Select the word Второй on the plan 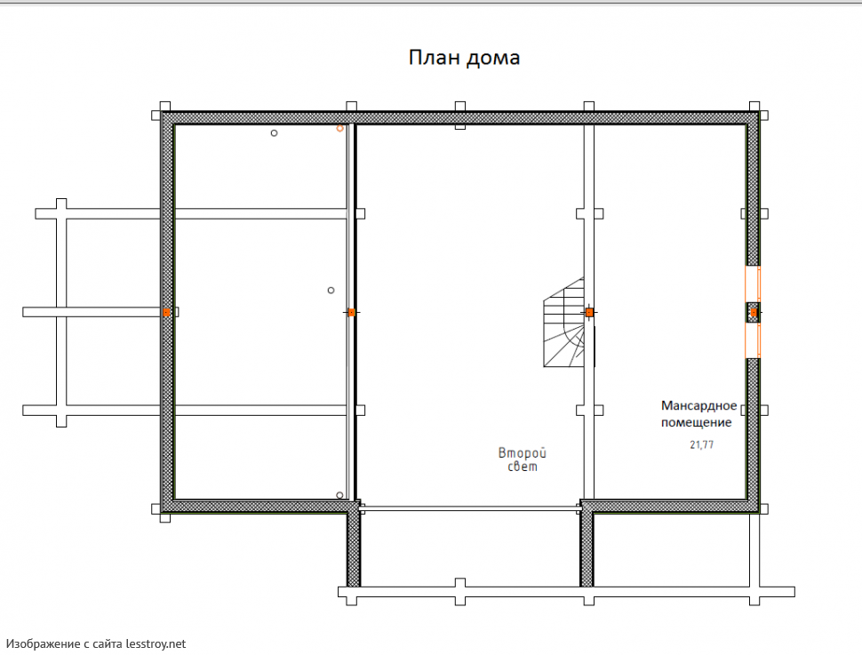pyautogui.click(x=523, y=453)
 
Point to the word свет pyautogui.click(x=523, y=467)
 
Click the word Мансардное pyautogui.click(x=698, y=406)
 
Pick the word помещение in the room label pyautogui.click(x=696, y=422)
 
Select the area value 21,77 pyautogui.click(x=701, y=445)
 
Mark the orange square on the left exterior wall pyautogui.click(x=166, y=312)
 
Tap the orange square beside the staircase pyautogui.click(x=589, y=312)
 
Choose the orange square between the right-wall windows pyautogui.click(x=754, y=313)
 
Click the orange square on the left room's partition pyautogui.click(x=352, y=312)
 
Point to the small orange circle pyautogui.click(x=339, y=128)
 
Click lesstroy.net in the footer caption pyautogui.click(x=156, y=643)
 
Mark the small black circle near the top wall pyautogui.click(x=274, y=133)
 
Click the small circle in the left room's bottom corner pyautogui.click(x=339, y=495)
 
